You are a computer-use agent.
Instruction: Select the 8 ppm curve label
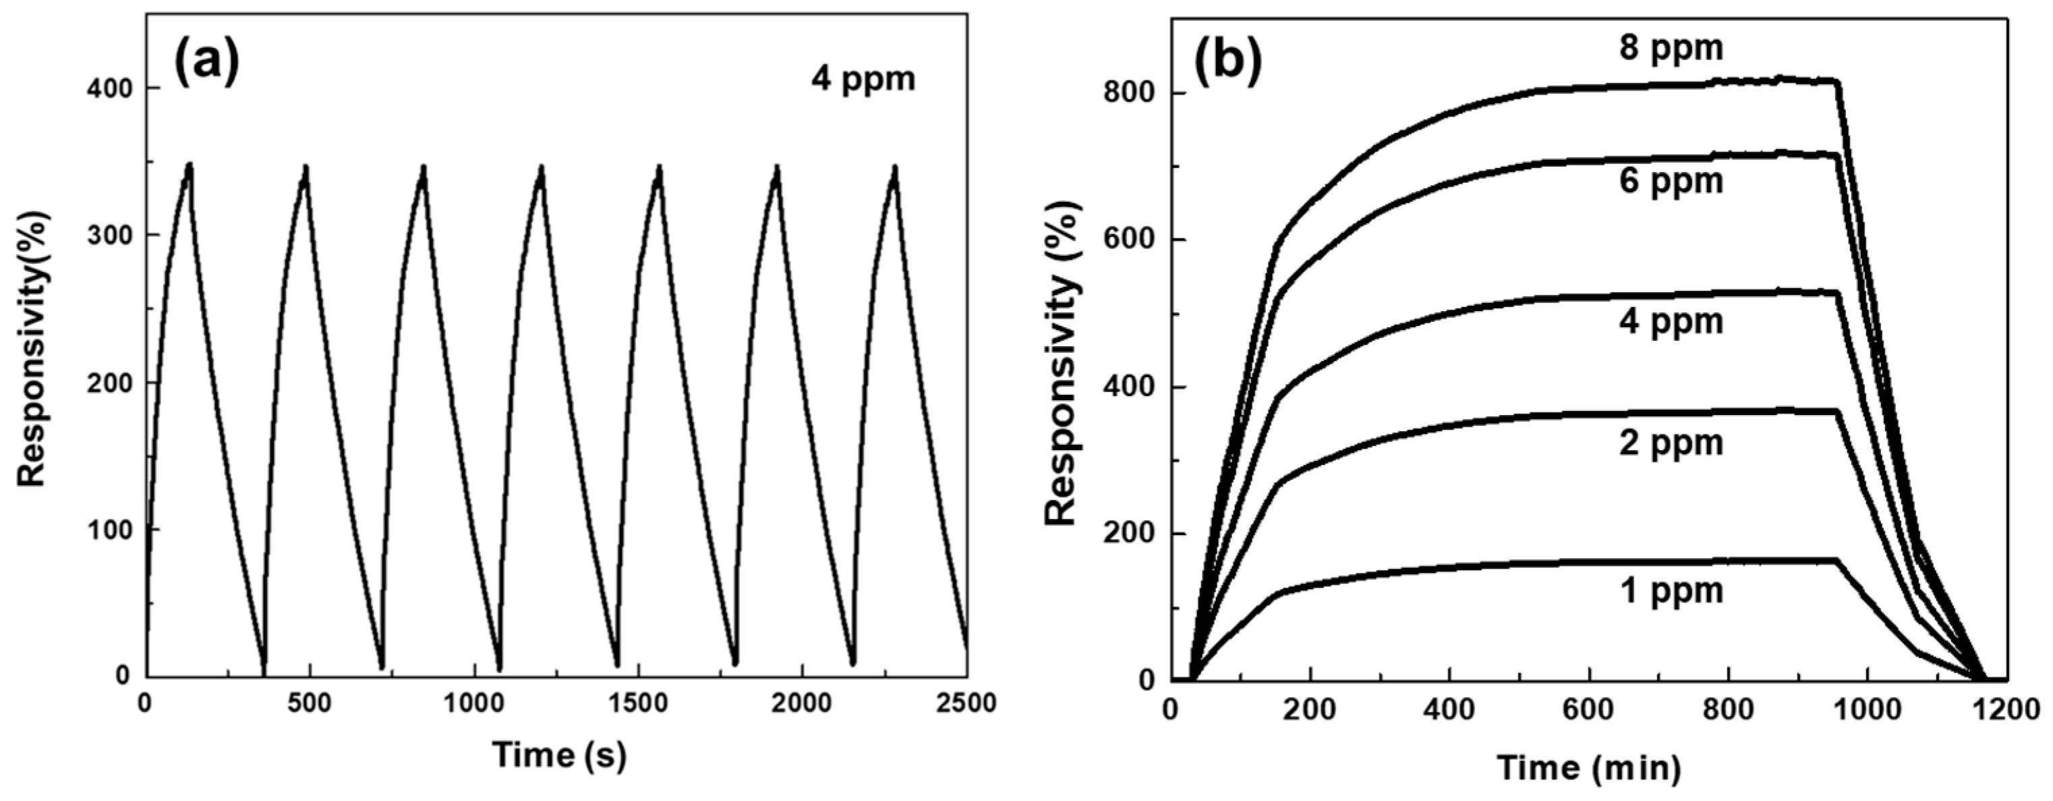1671,47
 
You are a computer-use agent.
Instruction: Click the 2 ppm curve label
1671,443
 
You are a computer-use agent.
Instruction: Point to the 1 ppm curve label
1671,590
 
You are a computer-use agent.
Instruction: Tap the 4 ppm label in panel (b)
1671,322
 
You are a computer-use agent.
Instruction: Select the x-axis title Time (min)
1589,769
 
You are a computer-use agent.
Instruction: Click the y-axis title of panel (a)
34,348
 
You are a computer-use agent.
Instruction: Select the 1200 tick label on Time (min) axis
2006,709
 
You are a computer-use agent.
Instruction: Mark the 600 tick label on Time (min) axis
1588,709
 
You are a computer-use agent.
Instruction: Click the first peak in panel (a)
189,164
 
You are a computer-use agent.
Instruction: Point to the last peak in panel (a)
895,166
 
